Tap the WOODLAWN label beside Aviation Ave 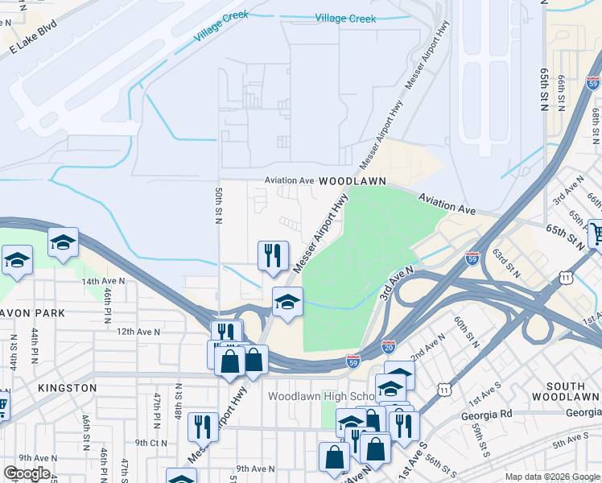353,182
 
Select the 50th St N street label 218,206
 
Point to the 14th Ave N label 102,281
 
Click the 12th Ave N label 139,331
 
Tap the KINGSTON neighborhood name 67,387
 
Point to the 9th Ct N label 150,442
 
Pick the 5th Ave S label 572,440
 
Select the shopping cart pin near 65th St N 595,233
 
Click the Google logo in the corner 27,473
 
